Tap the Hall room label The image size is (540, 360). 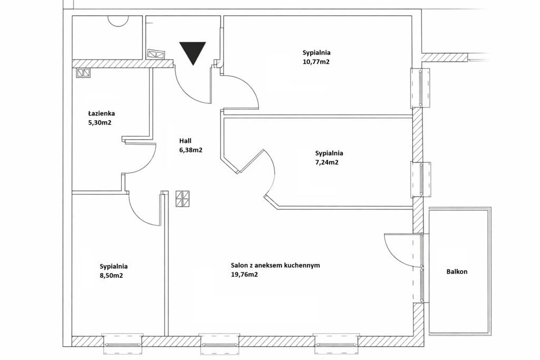pyautogui.click(x=185, y=141)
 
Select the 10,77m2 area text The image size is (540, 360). pyautogui.click(x=316, y=62)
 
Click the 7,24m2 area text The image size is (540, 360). pyautogui.click(x=327, y=162)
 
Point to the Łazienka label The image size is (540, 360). pyautogui.click(x=101, y=113)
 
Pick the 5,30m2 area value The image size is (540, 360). pyautogui.click(x=100, y=122)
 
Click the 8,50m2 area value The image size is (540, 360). pyautogui.click(x=111, y=276)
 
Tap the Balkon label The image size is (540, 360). pyautogui.click(x=457, y=271)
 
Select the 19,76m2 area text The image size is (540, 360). pyautogui.click(x=244, y=275)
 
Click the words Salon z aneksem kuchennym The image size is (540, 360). pyautogui.click(x=275, y=265)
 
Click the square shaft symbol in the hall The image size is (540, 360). pyautogui.click(x=182, y=199)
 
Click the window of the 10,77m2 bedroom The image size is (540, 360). pyautogui.click(x=420, y=88)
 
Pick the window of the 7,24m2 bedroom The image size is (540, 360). pyautogui.click(x=420, y=180)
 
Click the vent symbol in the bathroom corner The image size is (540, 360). pyautogui.click(x=83, y=73)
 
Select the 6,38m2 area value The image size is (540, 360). pyautogui.click(x=190, y=150)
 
